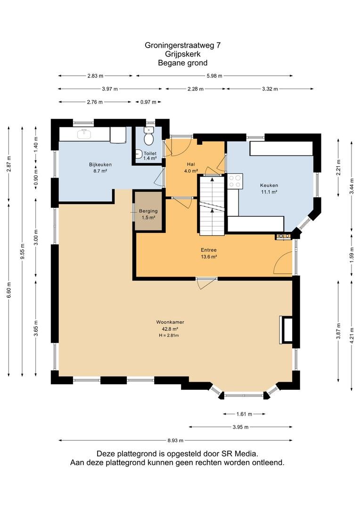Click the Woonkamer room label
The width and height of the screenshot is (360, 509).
pos(170,322)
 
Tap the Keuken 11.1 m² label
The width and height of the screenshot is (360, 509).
pos(269,189)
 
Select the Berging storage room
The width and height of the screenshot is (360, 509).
pos(148,211)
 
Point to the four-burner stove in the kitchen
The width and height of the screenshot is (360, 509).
pos(235,181)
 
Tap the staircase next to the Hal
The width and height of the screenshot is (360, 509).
pos(212,205)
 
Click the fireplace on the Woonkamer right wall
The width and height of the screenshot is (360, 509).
pos(286,330)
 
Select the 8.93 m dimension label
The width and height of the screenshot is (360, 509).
pos(176,441)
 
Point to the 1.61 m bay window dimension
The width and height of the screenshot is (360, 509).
pos(244,414)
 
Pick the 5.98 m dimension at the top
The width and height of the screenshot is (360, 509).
pos(214,76)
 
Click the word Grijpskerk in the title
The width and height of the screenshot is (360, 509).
pos(183,54)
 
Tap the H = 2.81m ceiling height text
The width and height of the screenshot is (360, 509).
pos(169,336)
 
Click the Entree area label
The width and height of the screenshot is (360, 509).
pos(209,250)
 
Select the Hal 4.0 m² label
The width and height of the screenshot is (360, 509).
pos(191,167)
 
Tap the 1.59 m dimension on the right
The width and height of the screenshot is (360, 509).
pos(352,255)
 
